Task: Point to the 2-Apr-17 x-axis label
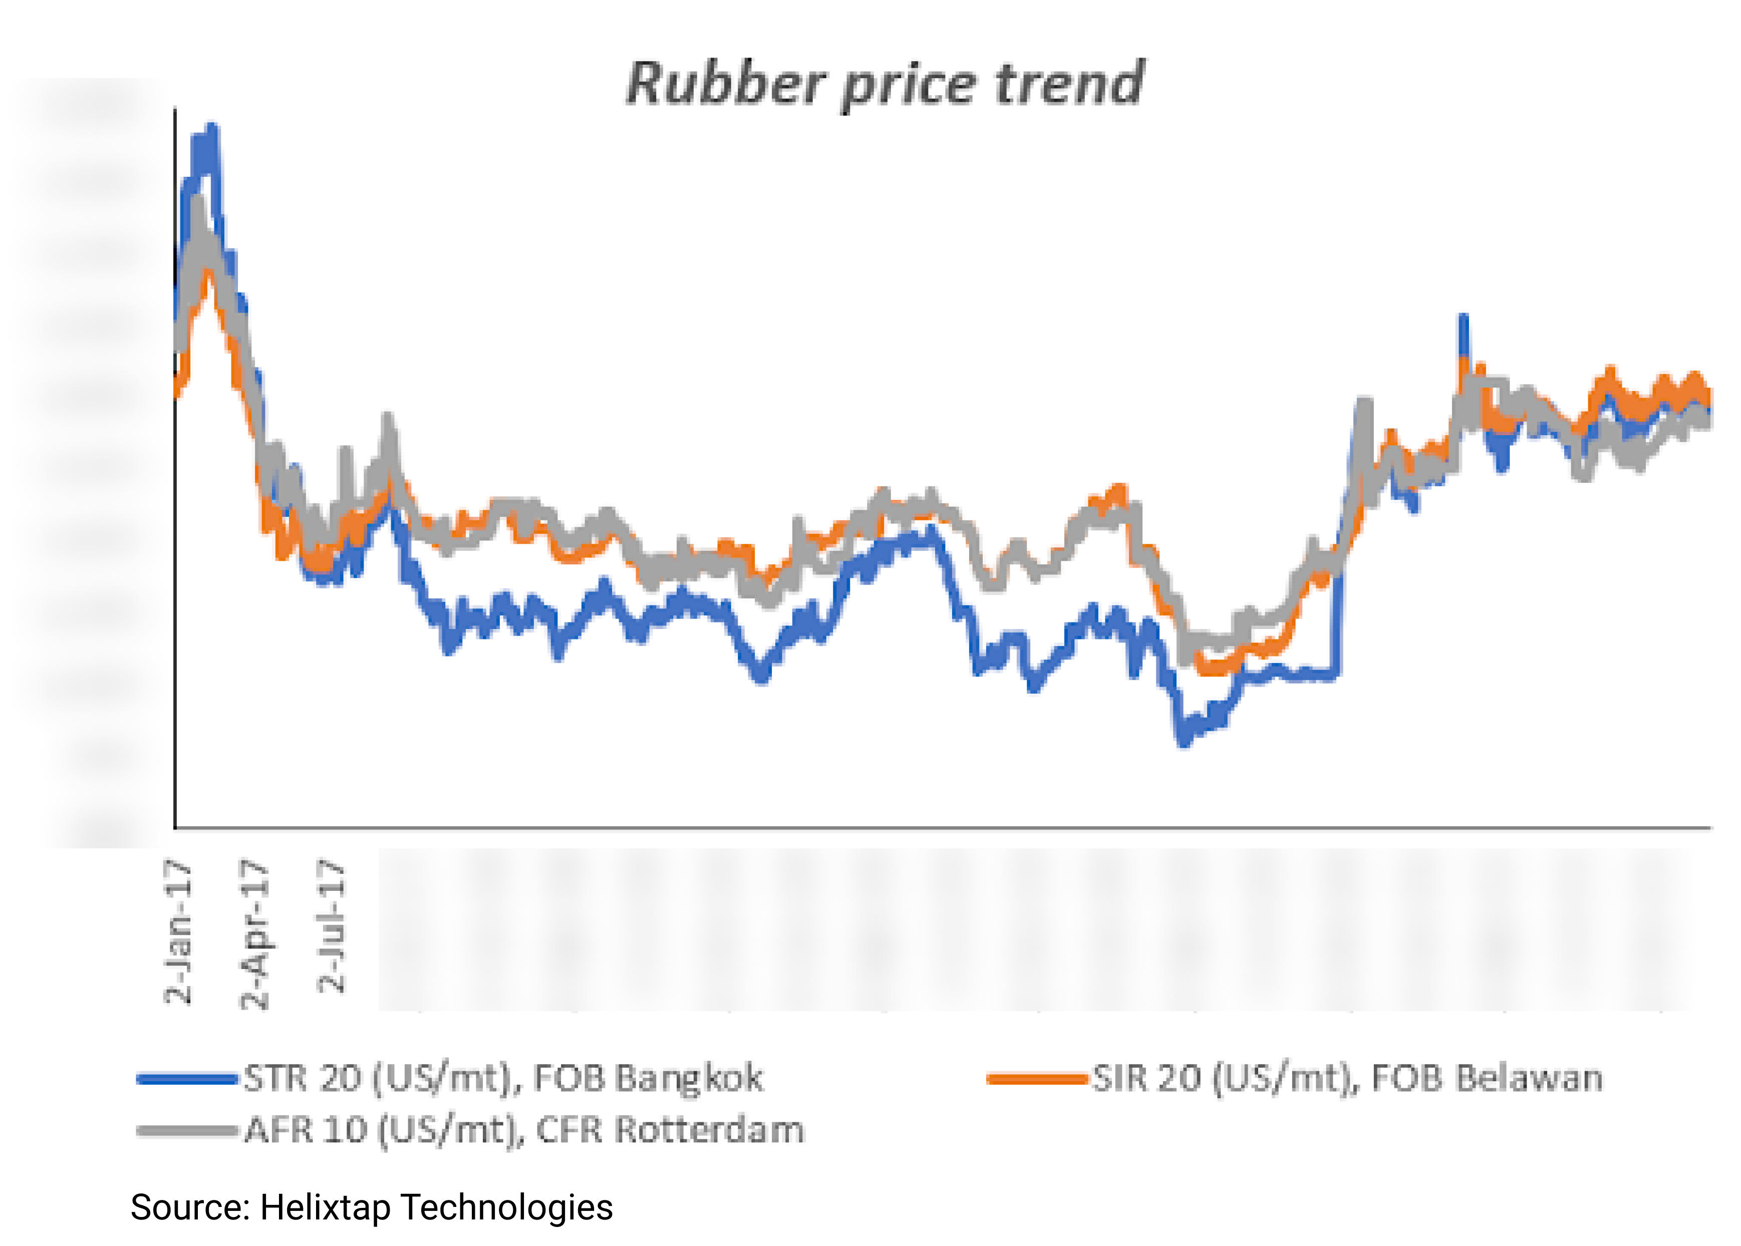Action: click(x=255, y=935)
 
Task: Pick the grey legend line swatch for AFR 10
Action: click(x=186, y=1130)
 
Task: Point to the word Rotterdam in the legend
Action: click(x=709, y=1130)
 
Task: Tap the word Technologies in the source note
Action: click(x=507, y=1207)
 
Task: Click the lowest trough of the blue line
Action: click(x=1183, y=740)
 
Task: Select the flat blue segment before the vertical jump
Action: click(x=1297, y=675)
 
